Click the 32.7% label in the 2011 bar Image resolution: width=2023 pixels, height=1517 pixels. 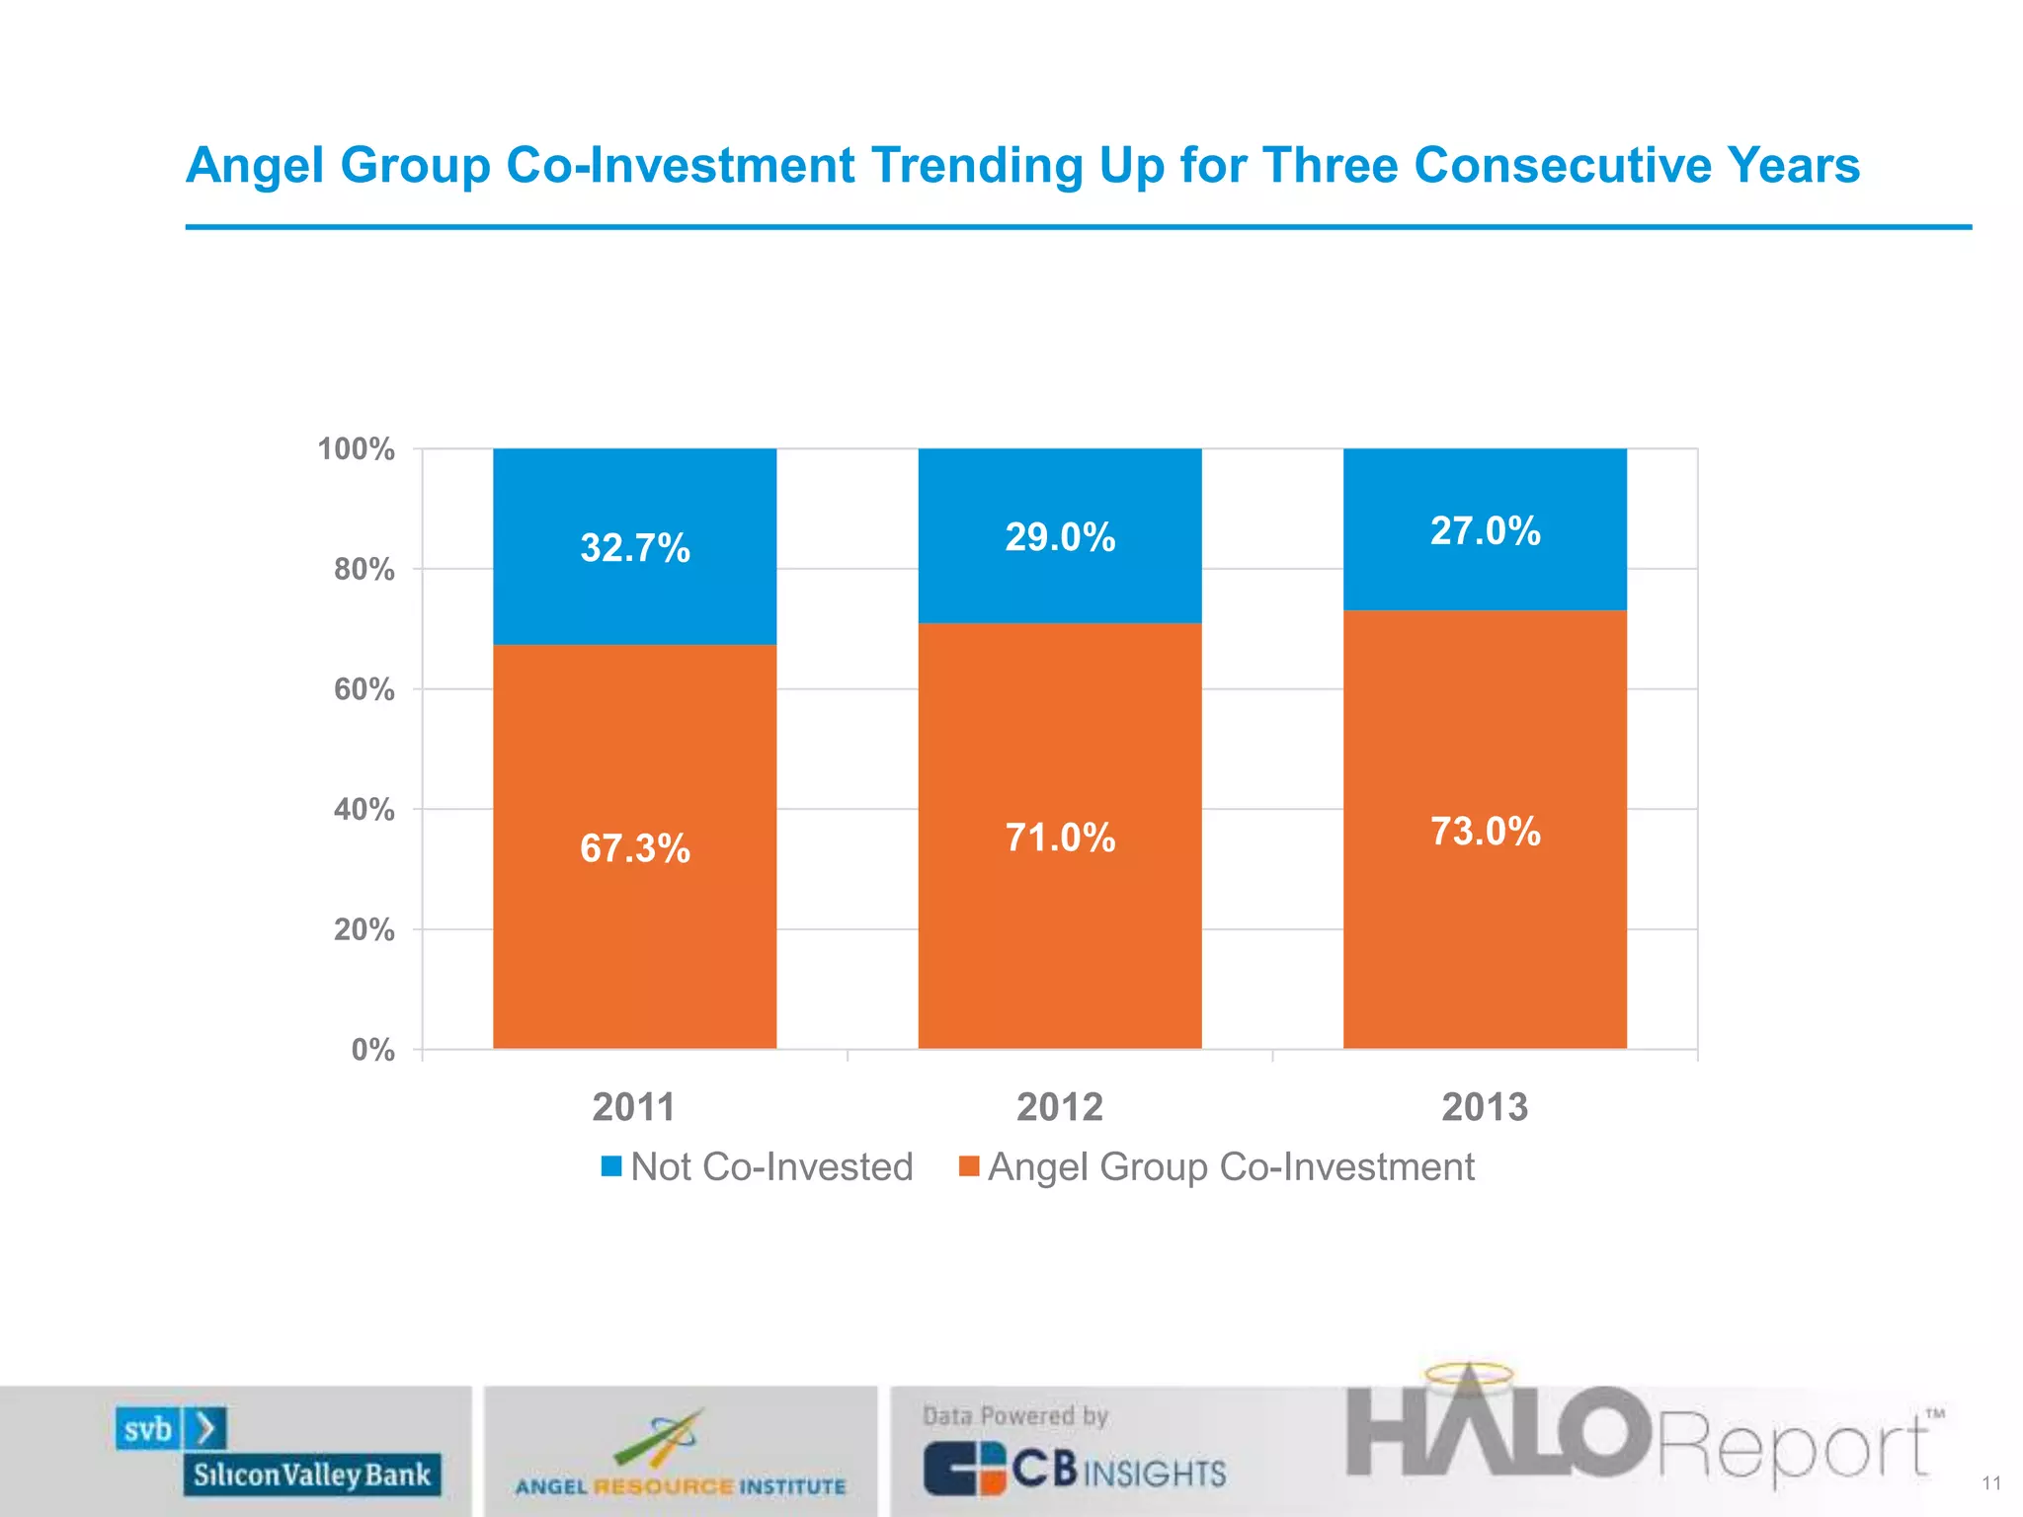coord(634,548)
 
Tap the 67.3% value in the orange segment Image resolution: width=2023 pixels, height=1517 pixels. coord(634,848)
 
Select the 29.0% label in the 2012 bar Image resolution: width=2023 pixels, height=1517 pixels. coord(1060,537)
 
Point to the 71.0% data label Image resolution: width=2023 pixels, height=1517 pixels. coord(1060,838)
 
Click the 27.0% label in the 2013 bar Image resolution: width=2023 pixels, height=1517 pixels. coord(1485,531)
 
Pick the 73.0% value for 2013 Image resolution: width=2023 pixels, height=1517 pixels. coord(1485,832)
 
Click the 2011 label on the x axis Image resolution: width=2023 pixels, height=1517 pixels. coord(633,1107)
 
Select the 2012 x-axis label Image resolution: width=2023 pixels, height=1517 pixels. coord(1059,1107)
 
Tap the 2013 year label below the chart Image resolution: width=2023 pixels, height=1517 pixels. coord(1484,1107)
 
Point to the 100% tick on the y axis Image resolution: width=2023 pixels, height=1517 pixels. coord(356,449)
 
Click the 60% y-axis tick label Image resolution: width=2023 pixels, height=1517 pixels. coord(364,689)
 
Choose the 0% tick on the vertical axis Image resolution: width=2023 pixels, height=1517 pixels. coord(372,1050)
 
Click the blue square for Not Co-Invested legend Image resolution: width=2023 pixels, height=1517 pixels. coord(611,1166)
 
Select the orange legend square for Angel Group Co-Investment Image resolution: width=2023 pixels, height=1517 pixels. coord(969,1166)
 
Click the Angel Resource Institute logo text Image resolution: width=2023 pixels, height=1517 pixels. coord(680,1486)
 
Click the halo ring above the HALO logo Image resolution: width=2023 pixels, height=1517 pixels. coord(1468,1374)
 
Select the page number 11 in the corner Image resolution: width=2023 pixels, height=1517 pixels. coord(1990,1483)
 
